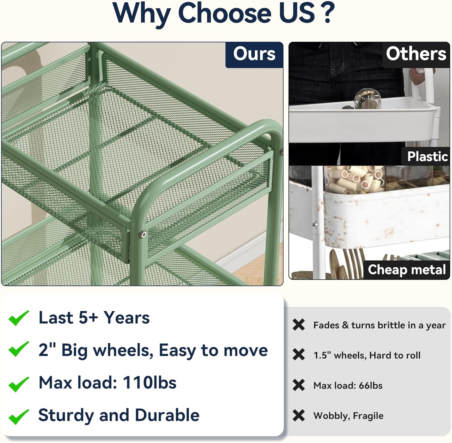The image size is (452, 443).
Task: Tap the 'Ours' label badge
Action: pos(254,55)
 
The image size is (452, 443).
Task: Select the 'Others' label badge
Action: pos(416,55)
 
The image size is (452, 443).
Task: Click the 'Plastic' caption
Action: pos(427,156)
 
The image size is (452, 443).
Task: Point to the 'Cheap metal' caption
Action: pos(406,269)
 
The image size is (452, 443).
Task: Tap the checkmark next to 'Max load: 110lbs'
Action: pos(19,384)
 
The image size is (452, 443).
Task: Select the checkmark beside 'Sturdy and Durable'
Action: pos(19,417)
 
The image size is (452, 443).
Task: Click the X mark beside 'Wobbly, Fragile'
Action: pos(299,416)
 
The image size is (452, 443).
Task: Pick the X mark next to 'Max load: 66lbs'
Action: pos(299,385)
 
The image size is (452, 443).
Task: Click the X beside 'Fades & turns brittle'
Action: pos(299,325)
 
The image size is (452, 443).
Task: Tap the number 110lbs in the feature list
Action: pos(149,383)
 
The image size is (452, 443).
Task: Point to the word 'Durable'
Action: pos(167,415)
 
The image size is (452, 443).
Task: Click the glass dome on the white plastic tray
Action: pos(367,98)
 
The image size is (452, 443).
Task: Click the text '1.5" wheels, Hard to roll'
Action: pos(367,355)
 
